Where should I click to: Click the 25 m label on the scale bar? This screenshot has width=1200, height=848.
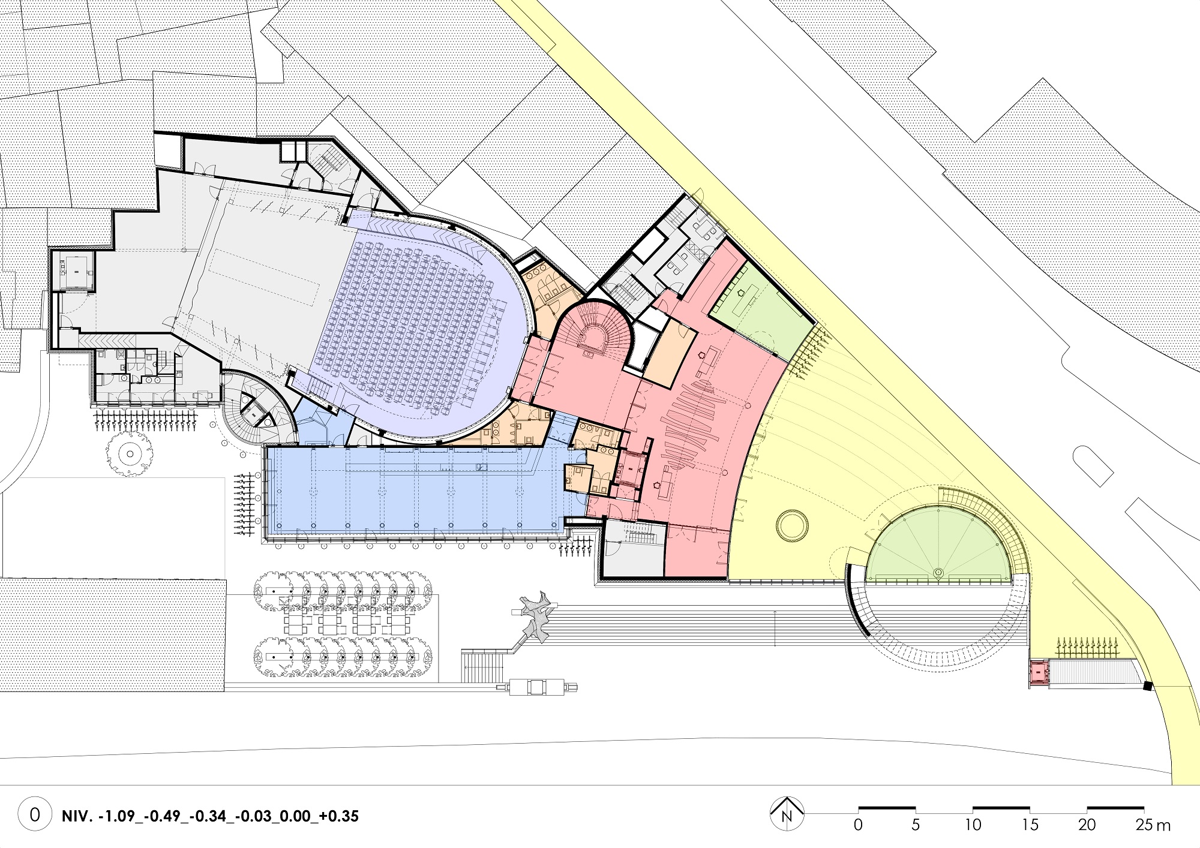(x=1153, y=825)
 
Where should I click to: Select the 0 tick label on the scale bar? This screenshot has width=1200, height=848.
(x=858, y=825)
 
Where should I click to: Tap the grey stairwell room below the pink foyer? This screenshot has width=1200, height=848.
(x=634, y=549)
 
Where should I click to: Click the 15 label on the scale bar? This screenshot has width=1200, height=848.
(x=1030, y=825)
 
